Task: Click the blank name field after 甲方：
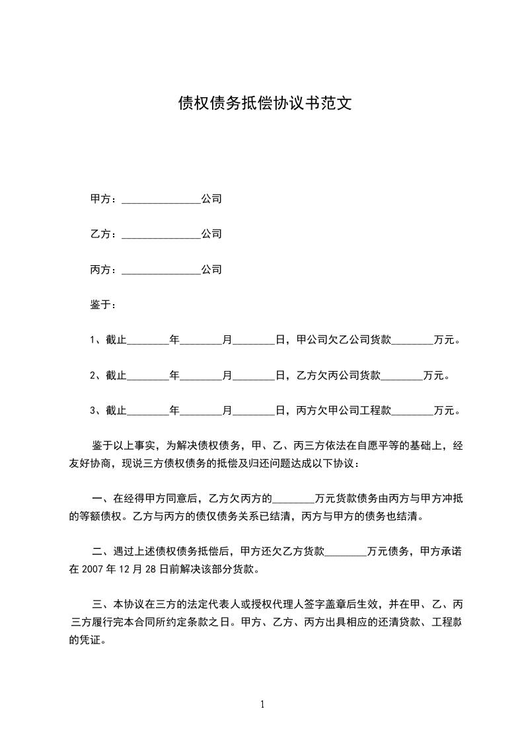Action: (x=161, y=199)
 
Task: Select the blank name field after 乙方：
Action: (x=161, y=234)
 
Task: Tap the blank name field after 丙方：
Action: (x=161, y=270)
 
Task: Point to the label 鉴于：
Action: (x=104, y=305)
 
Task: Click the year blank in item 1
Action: (x=148, y=341)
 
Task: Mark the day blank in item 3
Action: (x=255, y=411)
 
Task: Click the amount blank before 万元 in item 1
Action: (x=413, y=341)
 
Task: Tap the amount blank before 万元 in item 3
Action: (x=413, y=411)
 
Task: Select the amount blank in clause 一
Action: (x=294, y=498)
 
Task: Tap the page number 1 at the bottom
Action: (x=262, y=704)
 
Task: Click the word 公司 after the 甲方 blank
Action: (x=211, y=199)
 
